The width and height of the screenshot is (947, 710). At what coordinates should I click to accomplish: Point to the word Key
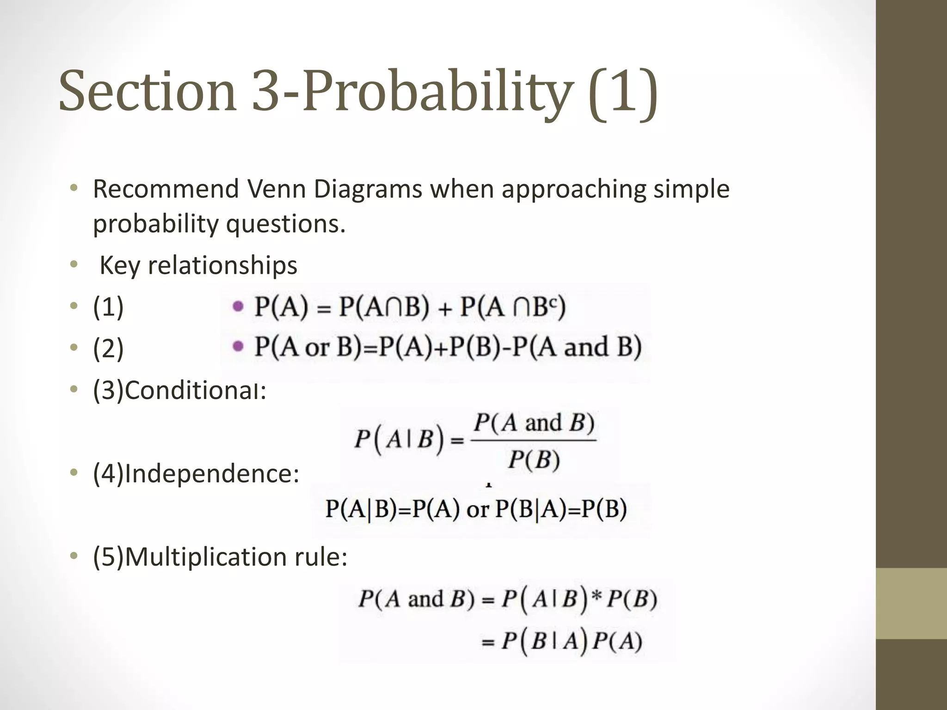tap(119, 265)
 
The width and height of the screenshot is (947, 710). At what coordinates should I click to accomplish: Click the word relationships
tap(222, 265)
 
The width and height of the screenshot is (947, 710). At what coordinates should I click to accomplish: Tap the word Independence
tap(211, 473)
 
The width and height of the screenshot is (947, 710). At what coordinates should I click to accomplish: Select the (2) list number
tap(108, 349)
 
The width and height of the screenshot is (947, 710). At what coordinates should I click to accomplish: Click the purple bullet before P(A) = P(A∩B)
tap(238, 306)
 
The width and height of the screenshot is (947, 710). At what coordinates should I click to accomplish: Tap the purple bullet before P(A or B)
tap(238, 346)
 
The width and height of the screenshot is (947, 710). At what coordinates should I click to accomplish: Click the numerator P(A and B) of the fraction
tap(534, 422)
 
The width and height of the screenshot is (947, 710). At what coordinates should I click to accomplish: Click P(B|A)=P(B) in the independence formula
tap(561, 509)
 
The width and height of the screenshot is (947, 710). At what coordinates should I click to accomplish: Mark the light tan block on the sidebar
tap(911, 603)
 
